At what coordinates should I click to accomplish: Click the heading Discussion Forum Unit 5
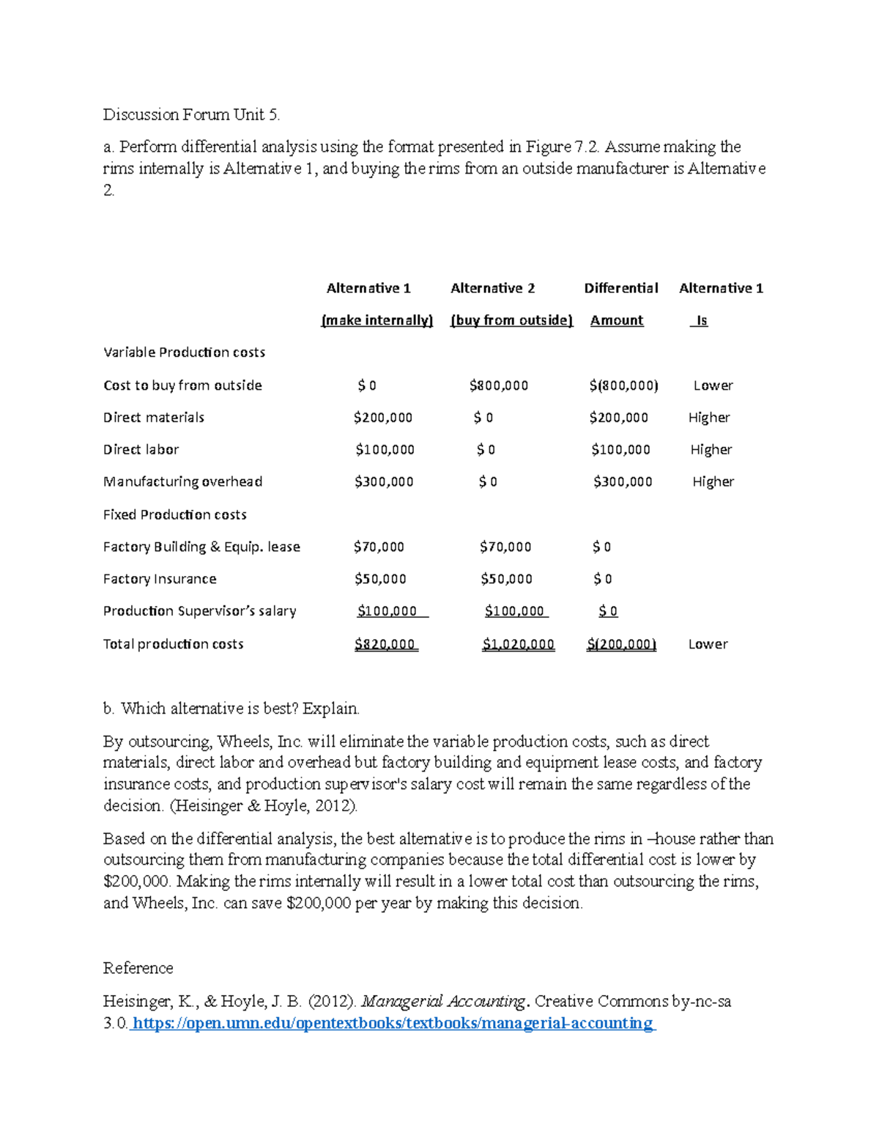[191, 114]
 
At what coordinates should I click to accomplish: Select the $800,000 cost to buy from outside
[498, 385]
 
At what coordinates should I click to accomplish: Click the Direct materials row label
[154, 418]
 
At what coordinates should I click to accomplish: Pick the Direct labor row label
[141, 450]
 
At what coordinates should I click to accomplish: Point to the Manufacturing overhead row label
[182, 482]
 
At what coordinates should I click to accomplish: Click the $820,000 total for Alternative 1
[385, 644]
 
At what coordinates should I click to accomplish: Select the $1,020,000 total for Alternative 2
[518, 644]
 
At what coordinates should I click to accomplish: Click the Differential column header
[620, 288]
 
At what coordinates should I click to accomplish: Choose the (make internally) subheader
[377, 320]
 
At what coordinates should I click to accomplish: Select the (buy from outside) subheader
[511, 320]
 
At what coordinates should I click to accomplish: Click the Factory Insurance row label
[160, 579]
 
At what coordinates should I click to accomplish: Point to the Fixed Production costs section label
[174, 515]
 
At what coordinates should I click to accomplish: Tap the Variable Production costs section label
[184, 352]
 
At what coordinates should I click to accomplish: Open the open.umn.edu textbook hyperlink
[393, 1023]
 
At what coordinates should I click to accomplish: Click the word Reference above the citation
[138, 968]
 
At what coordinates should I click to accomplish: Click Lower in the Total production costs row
[708, 644]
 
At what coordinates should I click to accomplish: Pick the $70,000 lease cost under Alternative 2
[505, 547]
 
